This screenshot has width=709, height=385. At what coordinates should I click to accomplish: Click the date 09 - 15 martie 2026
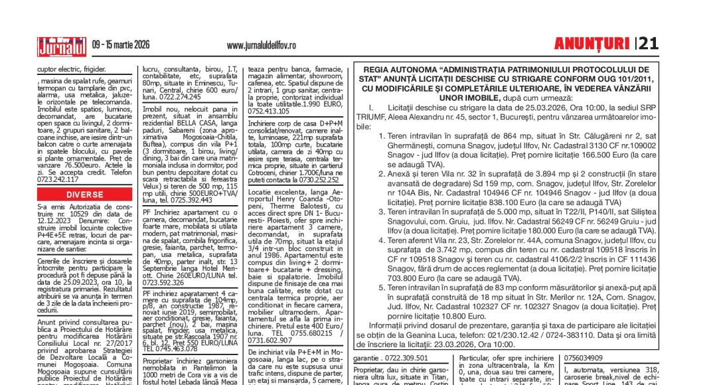(x=121, y=45)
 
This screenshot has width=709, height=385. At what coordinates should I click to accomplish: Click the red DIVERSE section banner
(x=84, y=194)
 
